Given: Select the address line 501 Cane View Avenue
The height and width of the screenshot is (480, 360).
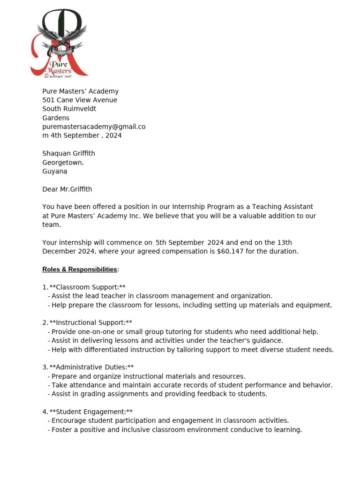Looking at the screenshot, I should pos(80,100).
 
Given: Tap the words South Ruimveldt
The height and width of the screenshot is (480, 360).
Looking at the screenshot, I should pos(69,109).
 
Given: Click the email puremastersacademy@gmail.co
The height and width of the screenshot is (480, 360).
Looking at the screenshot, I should pos(94,127).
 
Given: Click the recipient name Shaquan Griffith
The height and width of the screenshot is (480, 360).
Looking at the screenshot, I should pos(68,153).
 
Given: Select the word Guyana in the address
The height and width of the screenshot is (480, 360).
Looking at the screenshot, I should pos(55,171).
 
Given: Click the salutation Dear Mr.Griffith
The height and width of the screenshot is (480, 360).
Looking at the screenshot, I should pos(67,189).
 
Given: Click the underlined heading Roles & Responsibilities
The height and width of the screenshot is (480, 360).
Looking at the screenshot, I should pos(80,269).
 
